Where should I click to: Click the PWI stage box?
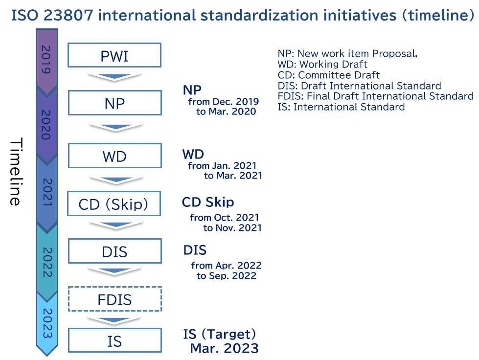(114, 55)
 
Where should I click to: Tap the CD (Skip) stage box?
(114, 203)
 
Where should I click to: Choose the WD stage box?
(115, 156)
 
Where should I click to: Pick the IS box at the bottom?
(115, 340)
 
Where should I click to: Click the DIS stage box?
(115, 251)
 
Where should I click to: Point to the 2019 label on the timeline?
(46, 60)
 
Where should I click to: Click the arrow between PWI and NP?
(114, 76)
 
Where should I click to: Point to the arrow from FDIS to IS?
(114, 320)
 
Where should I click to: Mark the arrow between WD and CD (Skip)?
(116, 180)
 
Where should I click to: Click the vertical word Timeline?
(16, 172)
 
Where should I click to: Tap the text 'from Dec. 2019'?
(224, 101)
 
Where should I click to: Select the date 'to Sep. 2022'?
(227, 275)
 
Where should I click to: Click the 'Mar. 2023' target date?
(224, 348)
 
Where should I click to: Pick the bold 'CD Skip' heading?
(208, 202)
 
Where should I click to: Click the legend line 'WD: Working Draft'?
(322, 64)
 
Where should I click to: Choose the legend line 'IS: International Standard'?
(341, 107)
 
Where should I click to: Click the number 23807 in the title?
(68, 15)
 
